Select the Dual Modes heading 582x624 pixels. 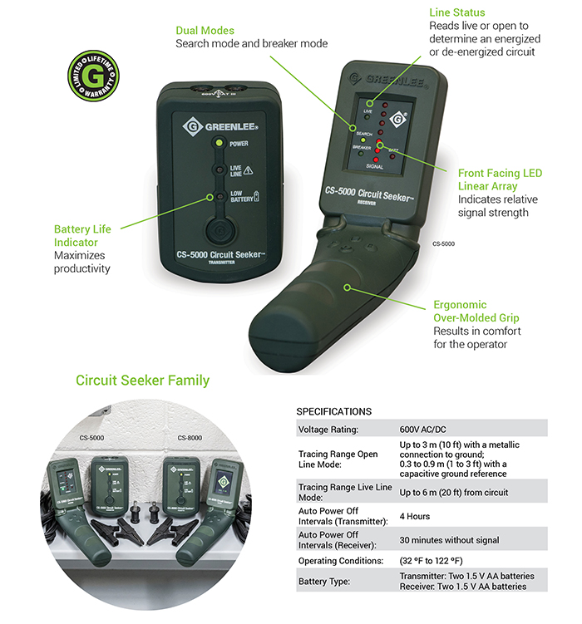[x=205, y=30]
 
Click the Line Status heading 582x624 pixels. [x=457, y=13]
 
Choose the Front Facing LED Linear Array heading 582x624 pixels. [x=499, y=179]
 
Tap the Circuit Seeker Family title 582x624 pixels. [x=142, y=381]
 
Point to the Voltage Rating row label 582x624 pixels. [x=329, y=430]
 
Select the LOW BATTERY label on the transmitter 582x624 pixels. [x=241, y=198]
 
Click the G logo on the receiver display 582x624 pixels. [x=397, y=118]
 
